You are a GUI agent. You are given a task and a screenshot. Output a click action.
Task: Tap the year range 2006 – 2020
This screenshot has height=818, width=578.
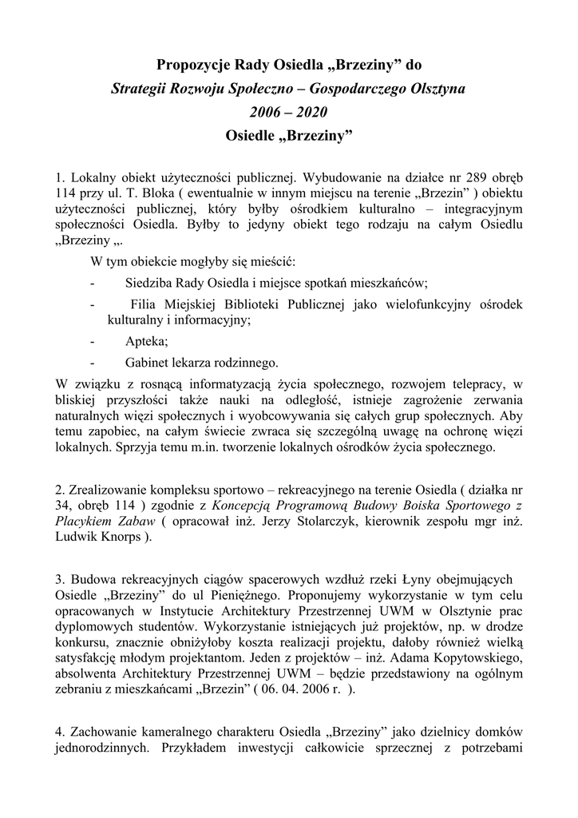pyautogui.click(x=289, y=112)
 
